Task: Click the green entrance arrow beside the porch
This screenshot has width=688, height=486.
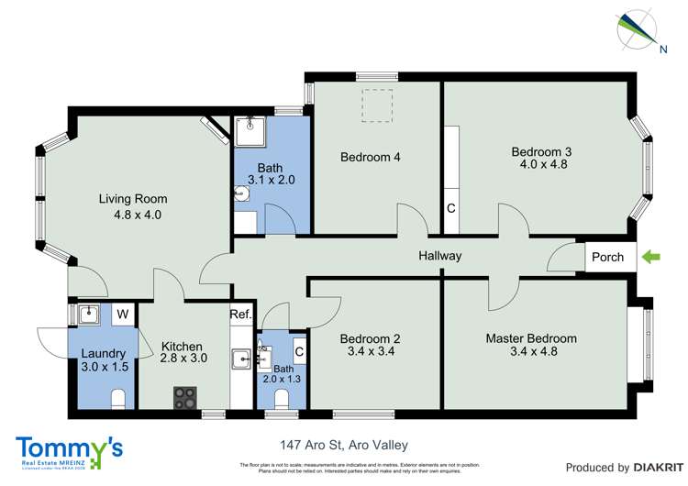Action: coord(650,258)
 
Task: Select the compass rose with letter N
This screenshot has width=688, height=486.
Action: coord(636,28)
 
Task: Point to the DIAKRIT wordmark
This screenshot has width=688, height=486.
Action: coord(639,467)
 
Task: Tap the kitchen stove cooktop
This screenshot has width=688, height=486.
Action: coord(185,397)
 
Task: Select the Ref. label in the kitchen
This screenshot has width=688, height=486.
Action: coord(240,315)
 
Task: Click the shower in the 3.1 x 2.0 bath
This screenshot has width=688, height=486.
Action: coord(250,132)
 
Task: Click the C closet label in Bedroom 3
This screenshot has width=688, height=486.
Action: coord(450,208)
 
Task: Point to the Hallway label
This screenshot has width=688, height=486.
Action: coord(440,256)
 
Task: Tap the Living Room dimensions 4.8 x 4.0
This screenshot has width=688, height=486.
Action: coord(133,215)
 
